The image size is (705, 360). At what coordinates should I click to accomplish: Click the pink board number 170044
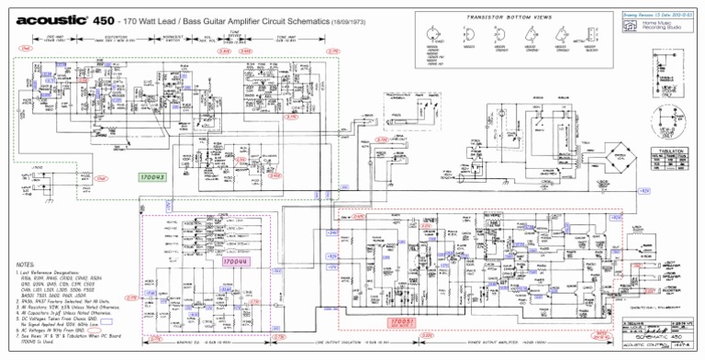coord(237,263)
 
